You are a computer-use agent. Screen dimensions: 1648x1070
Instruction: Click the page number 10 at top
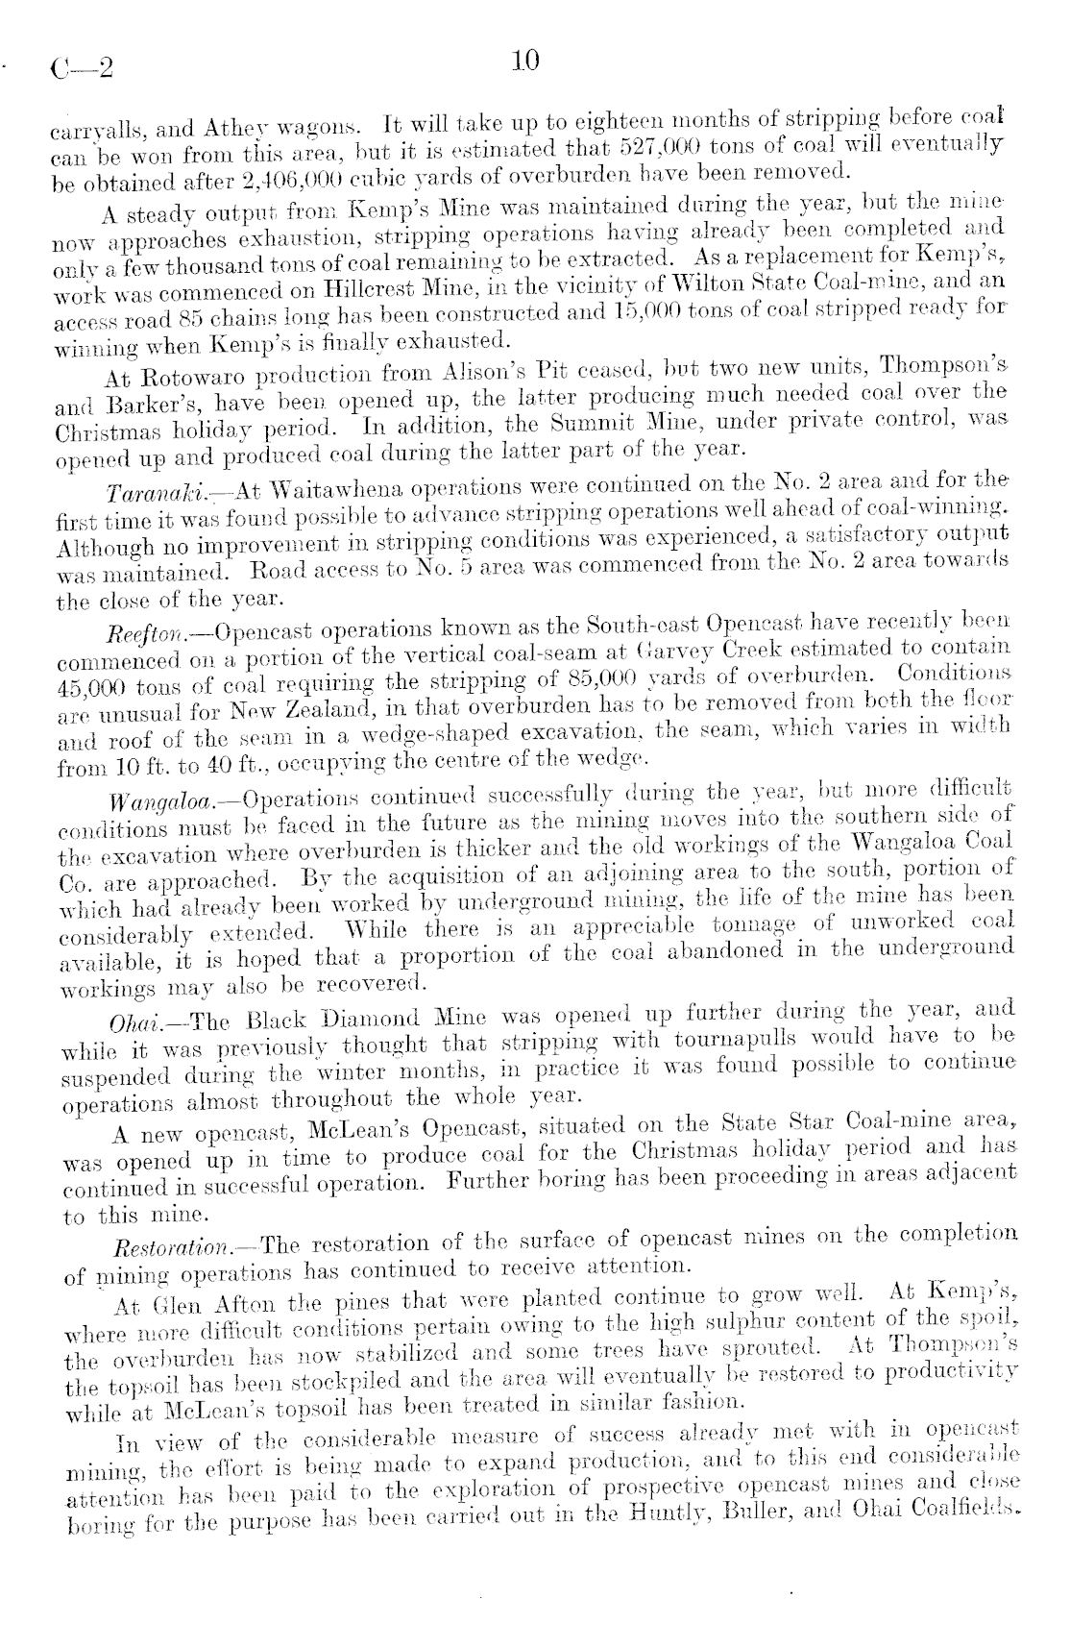pos(526,61)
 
